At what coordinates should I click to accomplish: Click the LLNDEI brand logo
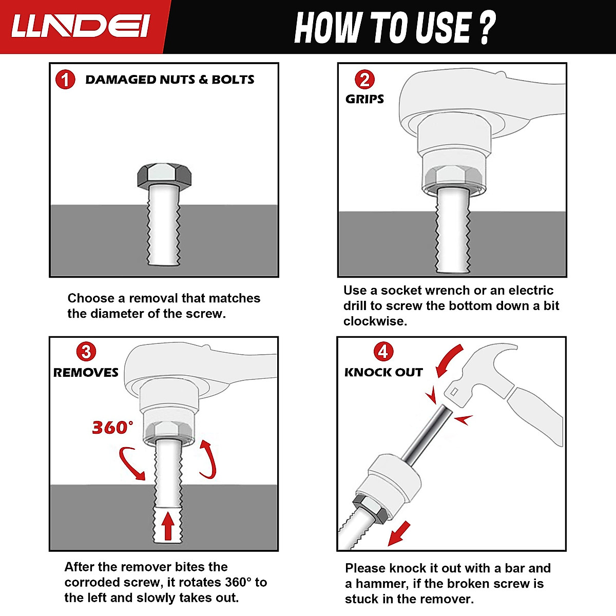pos(81,27)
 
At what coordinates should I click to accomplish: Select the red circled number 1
pos(65,79)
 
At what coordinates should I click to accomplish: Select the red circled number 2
pos(365,79)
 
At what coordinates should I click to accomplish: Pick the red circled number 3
pos(86,352)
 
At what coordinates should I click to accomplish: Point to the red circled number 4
pos(383,352)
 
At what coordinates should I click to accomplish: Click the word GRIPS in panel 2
pos(365,99)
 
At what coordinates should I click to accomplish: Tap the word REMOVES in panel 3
pos(86,372)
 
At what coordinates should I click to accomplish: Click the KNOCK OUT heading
pos(383,372)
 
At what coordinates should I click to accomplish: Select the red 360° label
pos(112,428)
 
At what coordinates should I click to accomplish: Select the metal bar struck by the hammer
pos(427,435)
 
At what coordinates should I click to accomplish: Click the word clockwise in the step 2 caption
pos(375,321)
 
